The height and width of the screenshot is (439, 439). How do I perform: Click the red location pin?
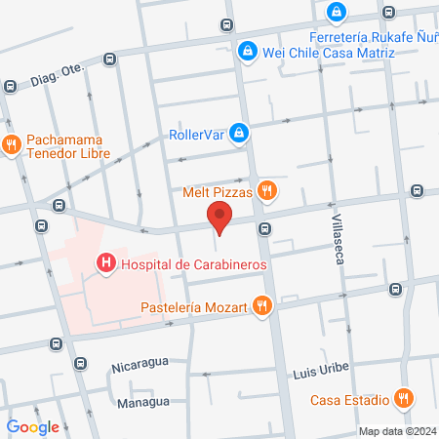pos(219,218)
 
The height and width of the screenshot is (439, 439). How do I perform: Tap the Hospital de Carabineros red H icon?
pos(103,262)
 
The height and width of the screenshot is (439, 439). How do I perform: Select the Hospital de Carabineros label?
pos(193,262)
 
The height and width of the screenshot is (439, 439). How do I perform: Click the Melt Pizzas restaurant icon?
pos(265,191)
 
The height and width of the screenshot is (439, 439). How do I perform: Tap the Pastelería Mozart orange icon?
pos(261,306)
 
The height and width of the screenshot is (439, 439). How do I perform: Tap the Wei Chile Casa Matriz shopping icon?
pos(248,51)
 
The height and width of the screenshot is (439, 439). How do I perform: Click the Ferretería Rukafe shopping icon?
pos(337,12)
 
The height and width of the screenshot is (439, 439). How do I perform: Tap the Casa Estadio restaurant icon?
pos(402,398)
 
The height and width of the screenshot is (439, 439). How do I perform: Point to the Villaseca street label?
pos(339,237)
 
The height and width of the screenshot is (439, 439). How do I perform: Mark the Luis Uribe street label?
pos(321,374)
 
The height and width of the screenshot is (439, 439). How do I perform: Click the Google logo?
pos(33,426)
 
